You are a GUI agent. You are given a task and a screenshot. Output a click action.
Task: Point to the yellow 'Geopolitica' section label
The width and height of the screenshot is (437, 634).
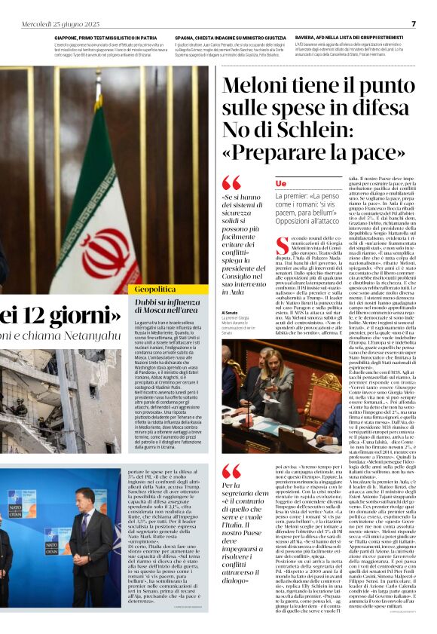pyautogui.click(x=157, y=289)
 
